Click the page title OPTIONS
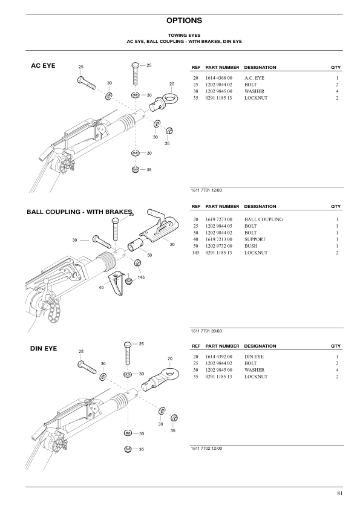click(180, 21)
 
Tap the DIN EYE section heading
click(44, 349)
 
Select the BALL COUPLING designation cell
click(263, 219)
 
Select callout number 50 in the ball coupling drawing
click(149, 256)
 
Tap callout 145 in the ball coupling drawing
click(141, 277)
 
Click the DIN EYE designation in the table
click(255, 357)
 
